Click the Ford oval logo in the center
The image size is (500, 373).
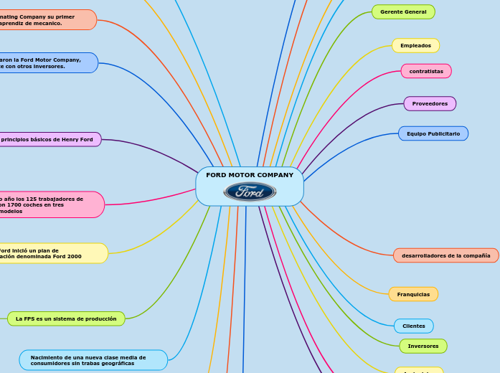click(250, 192)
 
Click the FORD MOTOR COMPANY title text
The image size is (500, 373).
click(250, 175)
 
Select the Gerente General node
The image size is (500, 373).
click(403, 12)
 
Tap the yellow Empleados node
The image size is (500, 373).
click(415, 45)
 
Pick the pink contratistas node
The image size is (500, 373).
click(426, 71)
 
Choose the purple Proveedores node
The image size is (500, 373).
click(430, 104)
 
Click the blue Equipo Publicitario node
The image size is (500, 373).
click(433, 133)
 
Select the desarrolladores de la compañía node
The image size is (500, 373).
click(445, 255)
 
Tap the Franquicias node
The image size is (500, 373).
click(413, 294)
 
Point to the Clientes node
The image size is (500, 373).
click(413, 326)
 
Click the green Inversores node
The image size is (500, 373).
click(423, 346)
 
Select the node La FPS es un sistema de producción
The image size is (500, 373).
click(66, 318)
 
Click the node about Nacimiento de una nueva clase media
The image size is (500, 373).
click(93, 360)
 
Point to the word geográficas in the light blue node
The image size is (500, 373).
click(116, 364)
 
